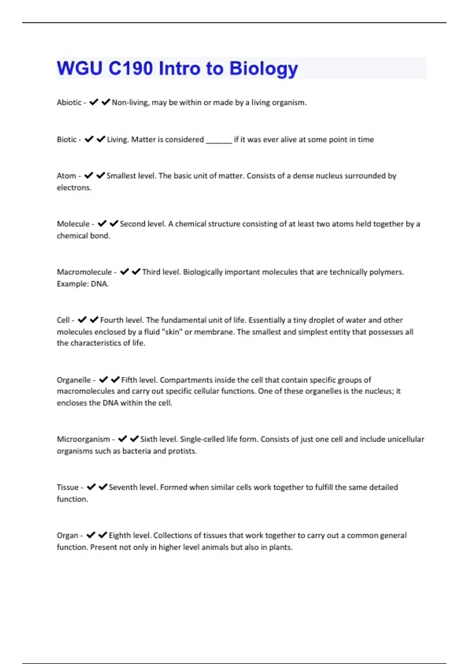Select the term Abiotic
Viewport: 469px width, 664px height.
click(x=69, y=102)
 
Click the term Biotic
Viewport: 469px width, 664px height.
click(x=66, y=139)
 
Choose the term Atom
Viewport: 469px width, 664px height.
click(x=66, y=176)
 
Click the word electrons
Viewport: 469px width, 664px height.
click(x=73, y=187)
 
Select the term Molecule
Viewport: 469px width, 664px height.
click(x=73, y=224)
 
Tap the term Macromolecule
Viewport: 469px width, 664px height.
click(x=84, y=272)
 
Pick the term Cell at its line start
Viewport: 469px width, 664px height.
click(x=63, y=320)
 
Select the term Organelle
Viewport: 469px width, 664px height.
click(x=73, y=380)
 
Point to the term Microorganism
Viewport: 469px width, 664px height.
click(x=83, y=439)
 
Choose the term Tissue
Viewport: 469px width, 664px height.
click(x=68, y=487)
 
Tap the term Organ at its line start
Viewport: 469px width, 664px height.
click(x=67, y=535)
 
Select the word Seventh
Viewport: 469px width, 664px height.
click(x=123, y=487)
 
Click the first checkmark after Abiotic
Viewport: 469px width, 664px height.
click(x=93, y=102)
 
